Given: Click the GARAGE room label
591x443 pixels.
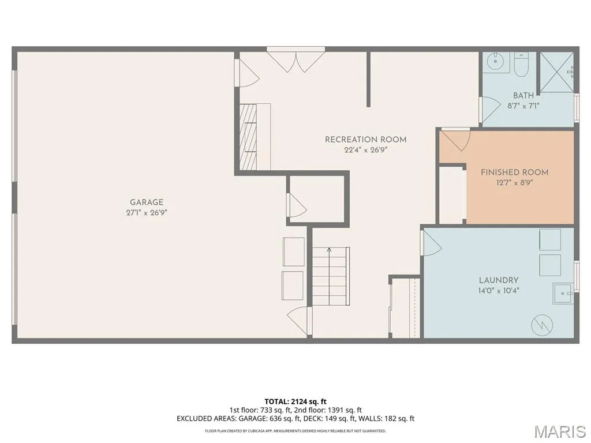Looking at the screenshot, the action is point(147,202).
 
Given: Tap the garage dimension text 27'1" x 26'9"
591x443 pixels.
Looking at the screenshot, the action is point(147,212).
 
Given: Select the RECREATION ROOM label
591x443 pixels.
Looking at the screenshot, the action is point(365,140).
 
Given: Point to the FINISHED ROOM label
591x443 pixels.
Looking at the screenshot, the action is point(514,172).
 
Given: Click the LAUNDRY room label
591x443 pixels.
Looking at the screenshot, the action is point(499,280).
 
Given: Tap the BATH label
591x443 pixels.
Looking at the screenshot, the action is point(523,96).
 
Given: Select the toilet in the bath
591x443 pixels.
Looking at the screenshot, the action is point(522,65).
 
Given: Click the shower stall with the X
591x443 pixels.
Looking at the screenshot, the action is point(557,72).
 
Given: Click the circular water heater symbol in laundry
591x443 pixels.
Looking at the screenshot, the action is point(542,324).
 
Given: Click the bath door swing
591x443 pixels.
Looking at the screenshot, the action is point(491,110).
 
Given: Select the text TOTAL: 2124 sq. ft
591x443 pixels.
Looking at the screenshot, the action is point(295,401).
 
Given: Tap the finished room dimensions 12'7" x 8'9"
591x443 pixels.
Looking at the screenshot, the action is point(514,183).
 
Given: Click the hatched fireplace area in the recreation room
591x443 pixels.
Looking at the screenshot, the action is point(248,137).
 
